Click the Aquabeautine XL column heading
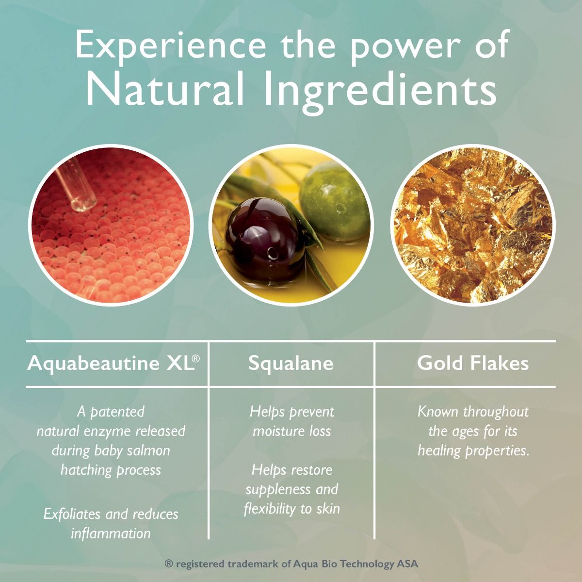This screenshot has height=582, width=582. point(113,363)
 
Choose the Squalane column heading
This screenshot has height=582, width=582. point(291,364)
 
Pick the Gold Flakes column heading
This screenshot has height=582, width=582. point(473,363)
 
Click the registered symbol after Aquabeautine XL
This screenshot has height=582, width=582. point(196,358)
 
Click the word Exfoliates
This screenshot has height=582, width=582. point(72,514)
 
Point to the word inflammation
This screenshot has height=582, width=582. point(111,533)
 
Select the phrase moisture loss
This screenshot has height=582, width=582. point(292,431)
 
